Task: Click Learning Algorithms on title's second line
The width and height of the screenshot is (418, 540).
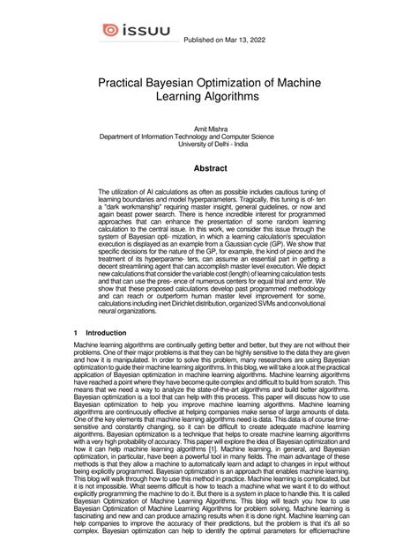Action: (x=209, y=95)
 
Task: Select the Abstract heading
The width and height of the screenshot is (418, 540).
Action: (x=209, y=167)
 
